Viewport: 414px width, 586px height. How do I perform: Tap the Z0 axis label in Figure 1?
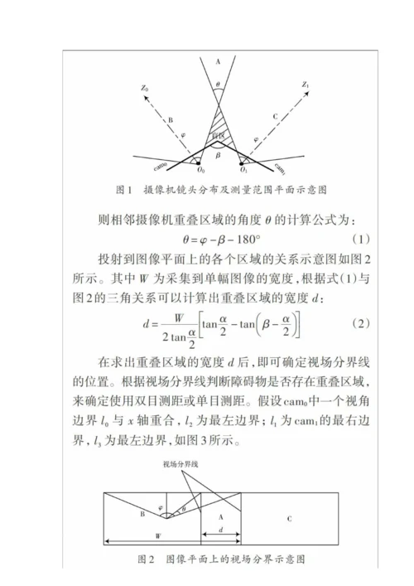(x=144, y=86)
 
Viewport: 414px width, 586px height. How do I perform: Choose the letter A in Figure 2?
(x=216, y=516)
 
